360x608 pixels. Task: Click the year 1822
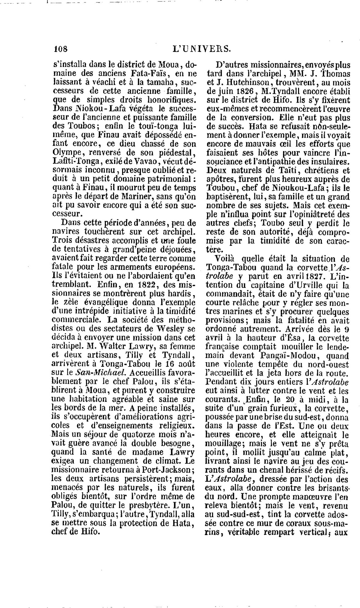coord(140,285)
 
